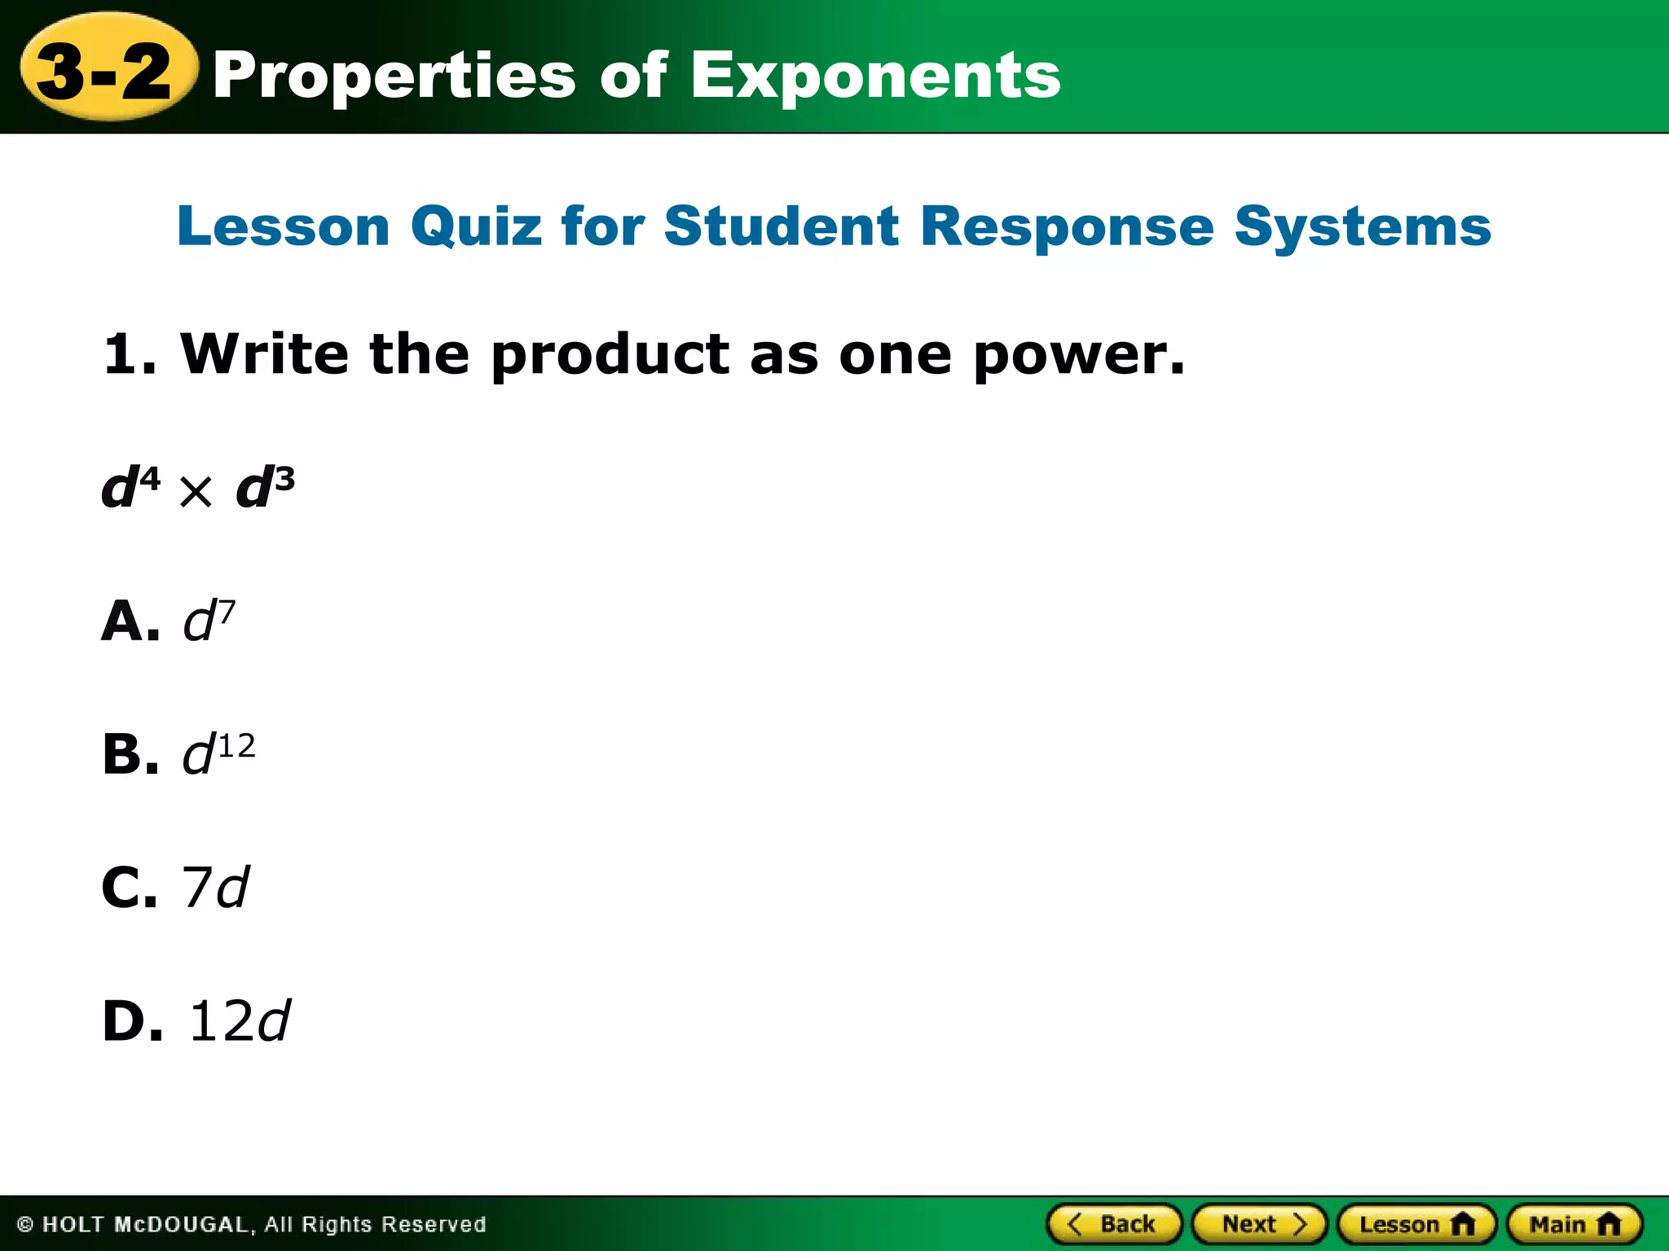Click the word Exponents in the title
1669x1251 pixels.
click(875, 76)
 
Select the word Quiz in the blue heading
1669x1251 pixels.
click(476, 226)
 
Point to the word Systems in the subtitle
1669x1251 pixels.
click(1363, 226)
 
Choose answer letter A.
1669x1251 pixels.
click(129, 621)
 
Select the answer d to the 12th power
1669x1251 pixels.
click(218, 753)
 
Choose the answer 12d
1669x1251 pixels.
click(239, 1021)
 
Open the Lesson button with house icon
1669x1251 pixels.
click(1416, 1224)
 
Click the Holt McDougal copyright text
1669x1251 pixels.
click(252, 1224)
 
